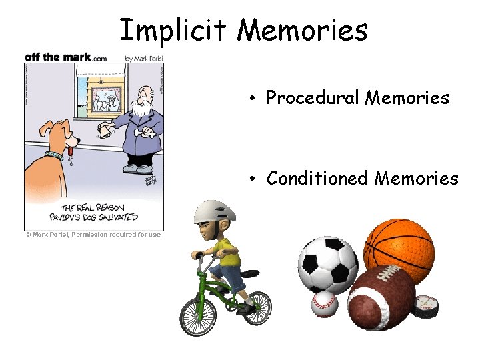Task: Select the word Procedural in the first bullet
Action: (313, 98)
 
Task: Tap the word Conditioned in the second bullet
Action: (317, 179)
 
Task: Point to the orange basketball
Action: (399, 251)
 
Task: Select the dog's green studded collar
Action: (54, 156)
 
